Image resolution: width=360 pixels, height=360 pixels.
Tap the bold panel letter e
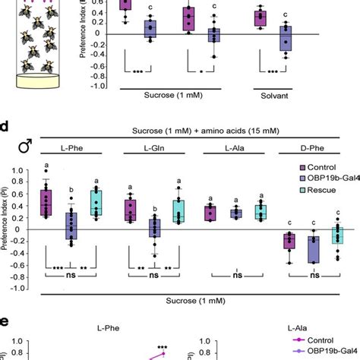click(x=8, y=322)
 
